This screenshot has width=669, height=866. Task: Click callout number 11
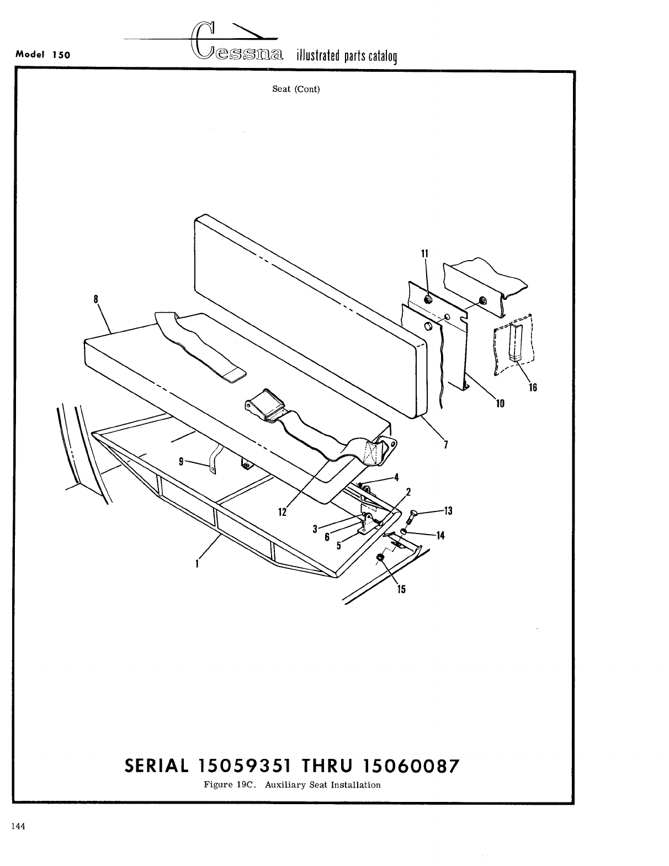424,254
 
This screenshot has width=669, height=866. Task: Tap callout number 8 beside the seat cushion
96,299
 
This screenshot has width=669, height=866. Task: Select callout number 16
533,387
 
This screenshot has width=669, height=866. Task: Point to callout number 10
500,403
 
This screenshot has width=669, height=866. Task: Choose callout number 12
283,512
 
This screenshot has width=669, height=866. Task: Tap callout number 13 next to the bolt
448,511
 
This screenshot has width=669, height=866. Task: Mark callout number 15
401,589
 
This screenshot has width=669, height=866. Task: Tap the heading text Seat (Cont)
296,89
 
